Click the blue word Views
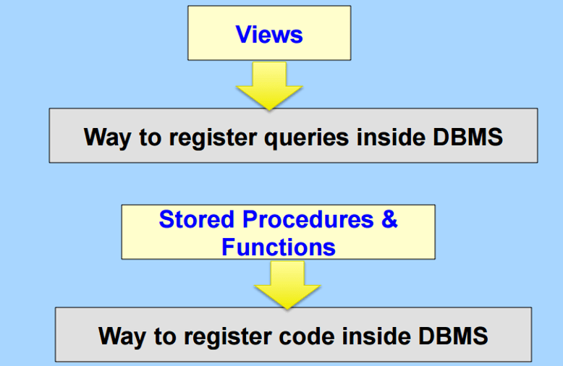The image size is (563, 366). (x=268, y=34)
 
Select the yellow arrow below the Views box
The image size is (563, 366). (x=269, y=86)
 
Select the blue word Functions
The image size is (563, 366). (x=278, y=247)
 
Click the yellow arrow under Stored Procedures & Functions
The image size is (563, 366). (x=287, y=284)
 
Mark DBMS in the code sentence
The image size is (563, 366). (x=452, y=336)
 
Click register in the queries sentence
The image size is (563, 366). (x=223, y=137)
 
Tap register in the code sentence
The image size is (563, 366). (x=237, y=336)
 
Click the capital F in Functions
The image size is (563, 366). (x=228, y=247)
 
